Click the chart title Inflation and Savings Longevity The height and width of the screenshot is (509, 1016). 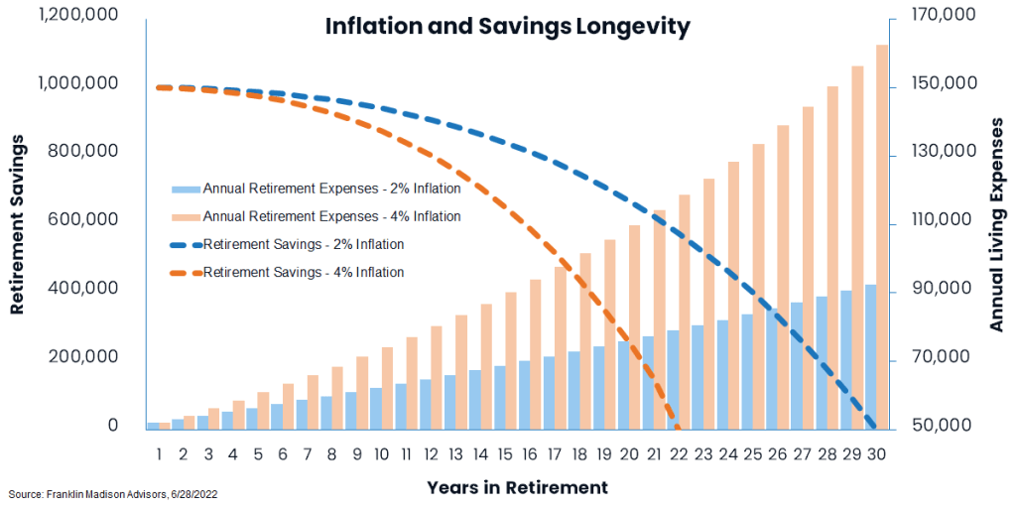coord(507,27)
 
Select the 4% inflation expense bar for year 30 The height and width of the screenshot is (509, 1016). coord(882,238)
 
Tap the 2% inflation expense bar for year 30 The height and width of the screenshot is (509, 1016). coord(870,357)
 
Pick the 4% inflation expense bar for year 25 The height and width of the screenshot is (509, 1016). coord(759,288)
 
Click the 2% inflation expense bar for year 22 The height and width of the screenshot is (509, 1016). coord(673,380)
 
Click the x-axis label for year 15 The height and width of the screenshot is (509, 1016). coord(504,454)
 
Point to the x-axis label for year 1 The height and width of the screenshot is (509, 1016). coord(159,454)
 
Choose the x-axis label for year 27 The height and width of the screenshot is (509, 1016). coord(802,454)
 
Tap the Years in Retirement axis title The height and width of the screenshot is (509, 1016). coord(517,487)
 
